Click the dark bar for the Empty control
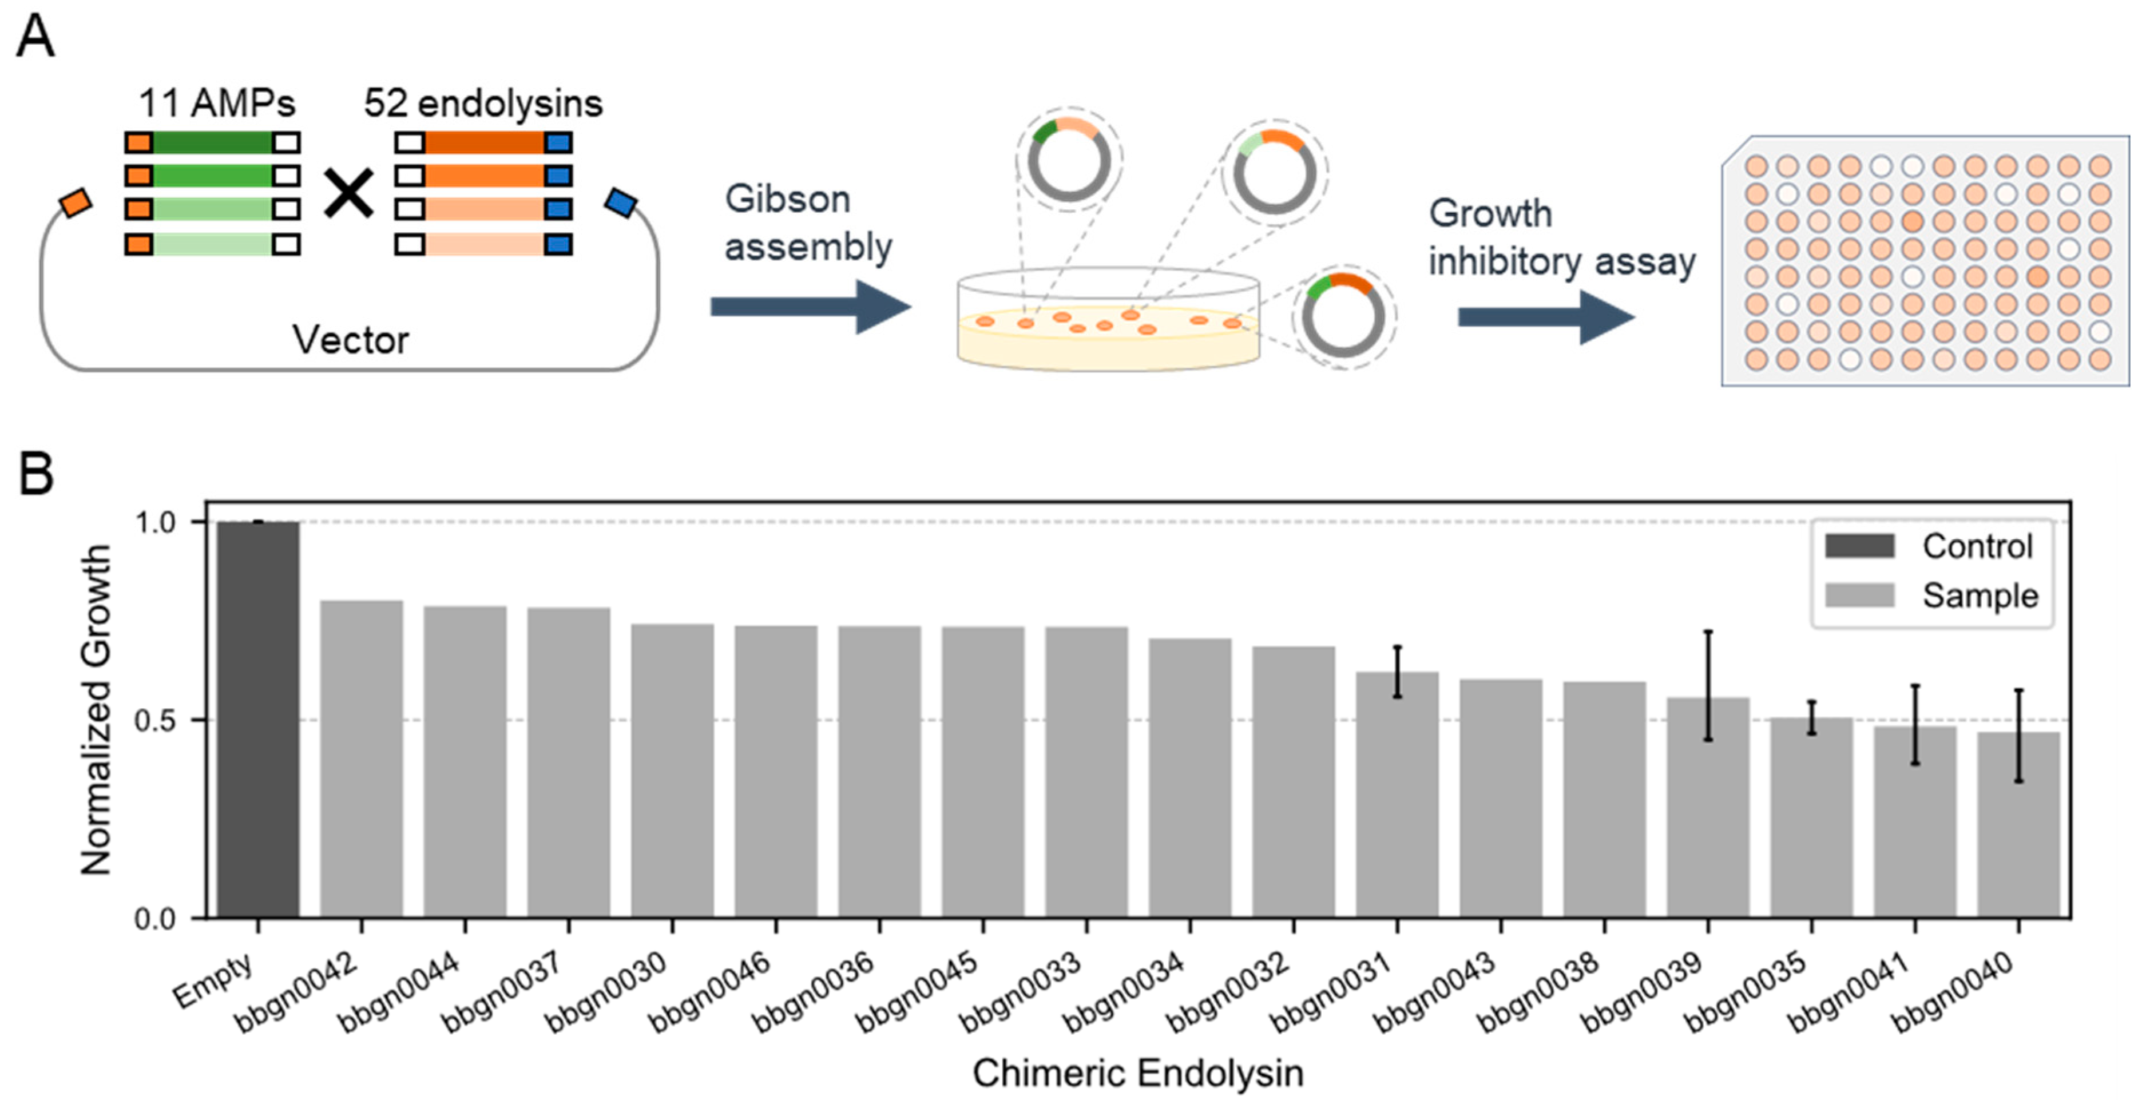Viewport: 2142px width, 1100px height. (258, 719)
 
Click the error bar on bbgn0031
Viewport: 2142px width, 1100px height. (1397, 671)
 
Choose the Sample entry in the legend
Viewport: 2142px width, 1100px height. (1929, 595)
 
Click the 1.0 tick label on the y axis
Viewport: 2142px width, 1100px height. (156, 522)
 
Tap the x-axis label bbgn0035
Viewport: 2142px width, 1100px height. (1746, 991)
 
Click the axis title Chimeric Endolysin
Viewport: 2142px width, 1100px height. (1137, 1073)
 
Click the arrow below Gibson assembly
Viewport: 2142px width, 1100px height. (810, 307)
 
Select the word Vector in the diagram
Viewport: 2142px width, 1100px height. (350, 340)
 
